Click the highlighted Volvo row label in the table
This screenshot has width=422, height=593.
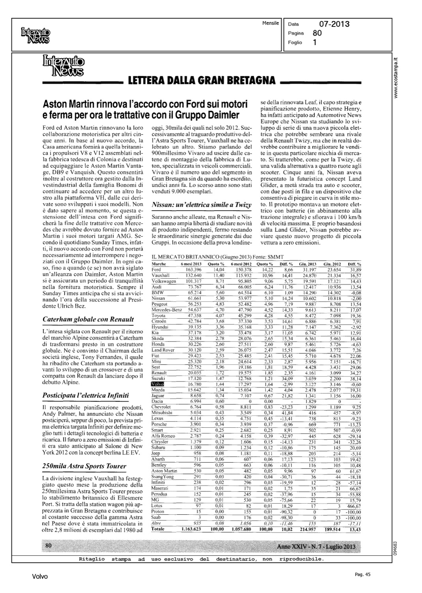[x=158, y=384]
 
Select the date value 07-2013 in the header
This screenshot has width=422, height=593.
[x=334, y=25]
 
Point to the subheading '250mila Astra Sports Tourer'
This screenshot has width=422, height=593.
[x=84, y=466]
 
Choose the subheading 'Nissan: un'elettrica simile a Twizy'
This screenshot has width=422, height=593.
[x=202, y=204]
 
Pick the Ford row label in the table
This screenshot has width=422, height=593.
[x=156, y=269]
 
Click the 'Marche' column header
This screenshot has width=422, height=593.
[x=159, y=264]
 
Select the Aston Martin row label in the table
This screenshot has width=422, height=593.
[x=164, y=471]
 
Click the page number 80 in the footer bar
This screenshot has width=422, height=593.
[x=49, y=545]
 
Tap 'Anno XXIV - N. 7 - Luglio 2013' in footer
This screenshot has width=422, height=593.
[x=316, y=547]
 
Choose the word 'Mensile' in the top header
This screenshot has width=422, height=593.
[x=271, y=23]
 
